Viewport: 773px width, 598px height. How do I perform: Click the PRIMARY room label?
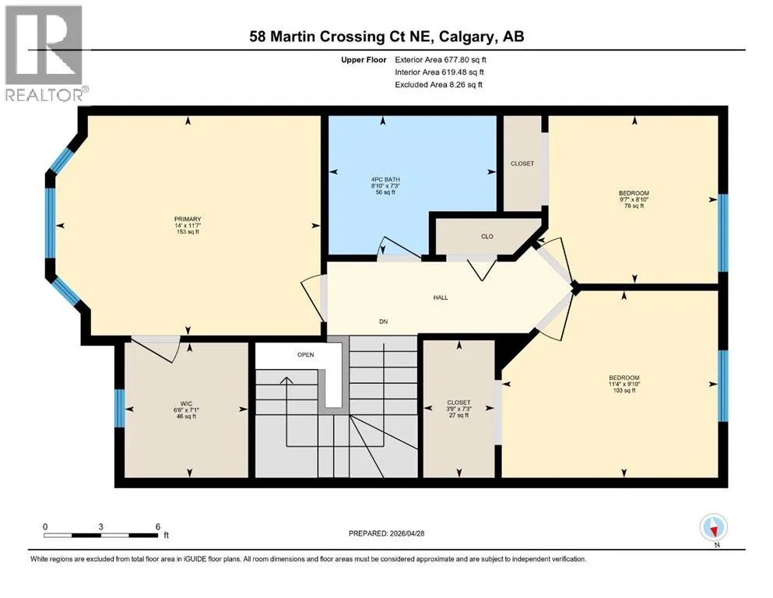coord(188,219)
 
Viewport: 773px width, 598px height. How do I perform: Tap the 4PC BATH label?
coord(385,179)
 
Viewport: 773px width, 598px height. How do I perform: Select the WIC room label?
coord(186,404)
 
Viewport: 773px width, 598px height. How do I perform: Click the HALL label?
coord(441,297)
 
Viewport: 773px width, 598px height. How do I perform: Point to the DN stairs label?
coord(384,322)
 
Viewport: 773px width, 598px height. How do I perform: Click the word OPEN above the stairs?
coord(306,354)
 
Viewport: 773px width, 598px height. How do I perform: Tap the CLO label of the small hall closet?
coord(487,236)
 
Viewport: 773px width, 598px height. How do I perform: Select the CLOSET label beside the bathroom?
coord(522,164)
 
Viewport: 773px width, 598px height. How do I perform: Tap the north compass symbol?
coord(713,529)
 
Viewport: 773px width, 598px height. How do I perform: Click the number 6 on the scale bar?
coord(158,526)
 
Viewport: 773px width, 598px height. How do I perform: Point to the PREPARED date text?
coord(386,533)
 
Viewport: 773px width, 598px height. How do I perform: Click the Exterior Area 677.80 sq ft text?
coord(441,60)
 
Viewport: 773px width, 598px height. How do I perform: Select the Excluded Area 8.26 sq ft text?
coord(438,84)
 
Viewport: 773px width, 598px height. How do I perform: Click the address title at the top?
coord(386,37)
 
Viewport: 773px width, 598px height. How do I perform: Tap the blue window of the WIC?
coord(120,408)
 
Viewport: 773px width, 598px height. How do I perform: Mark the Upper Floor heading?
coord(364,60)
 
